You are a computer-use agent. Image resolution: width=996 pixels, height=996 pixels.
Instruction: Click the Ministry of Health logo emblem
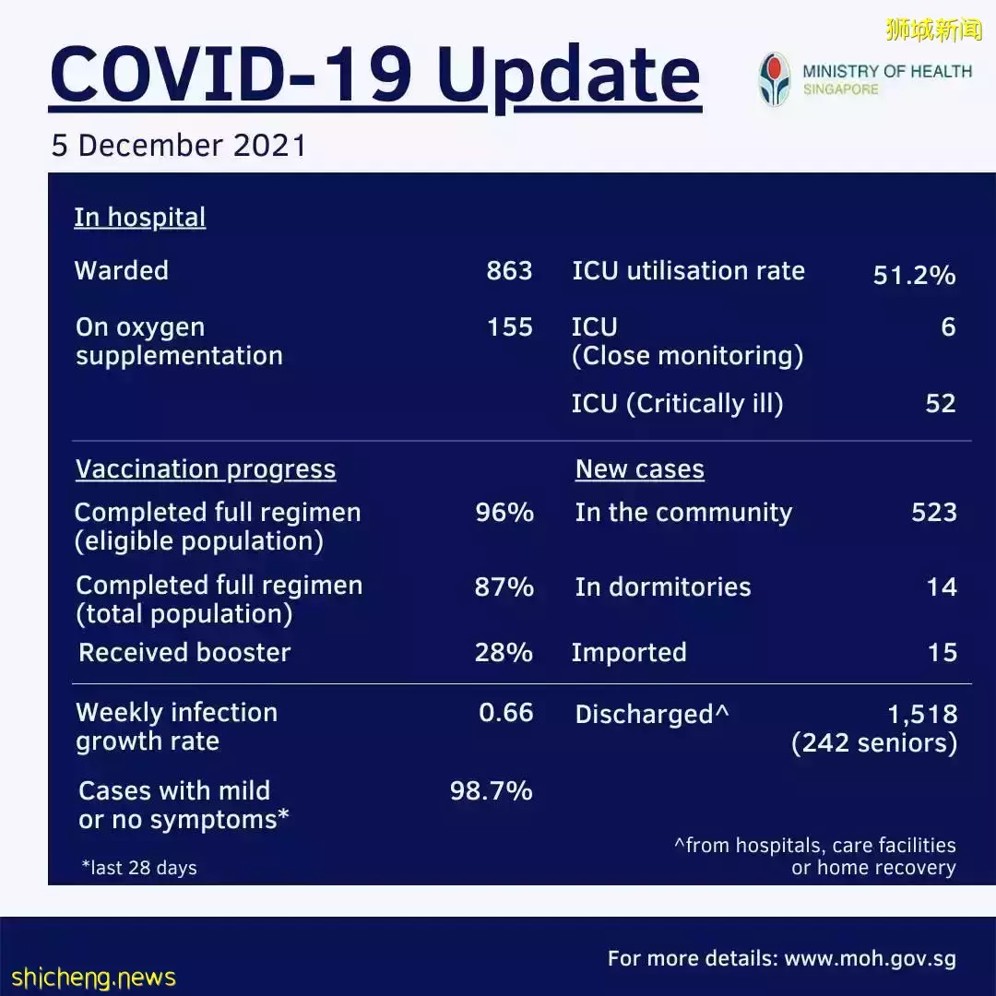point(775,79)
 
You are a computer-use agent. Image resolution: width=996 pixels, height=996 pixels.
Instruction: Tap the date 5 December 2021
point(178,146)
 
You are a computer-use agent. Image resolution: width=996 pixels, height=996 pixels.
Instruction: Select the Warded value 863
point(509,271)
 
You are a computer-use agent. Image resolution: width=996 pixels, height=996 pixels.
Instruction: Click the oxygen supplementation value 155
point(509,327)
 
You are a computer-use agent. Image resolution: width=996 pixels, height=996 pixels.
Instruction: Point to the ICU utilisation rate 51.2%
point(914,275)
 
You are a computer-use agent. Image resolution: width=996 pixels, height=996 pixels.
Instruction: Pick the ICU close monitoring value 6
point(948,327)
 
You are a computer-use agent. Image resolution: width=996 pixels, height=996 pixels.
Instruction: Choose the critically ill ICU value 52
point(941,404)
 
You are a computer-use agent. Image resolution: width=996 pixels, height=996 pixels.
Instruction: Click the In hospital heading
point(139,218)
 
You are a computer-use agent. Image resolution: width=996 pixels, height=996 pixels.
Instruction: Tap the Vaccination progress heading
point(205,469)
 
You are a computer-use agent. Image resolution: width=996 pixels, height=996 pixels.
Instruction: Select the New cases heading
point(639,469)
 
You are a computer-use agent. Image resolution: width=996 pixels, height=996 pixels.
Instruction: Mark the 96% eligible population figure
point(504,513)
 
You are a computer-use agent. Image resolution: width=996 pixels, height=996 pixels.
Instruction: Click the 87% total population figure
point(504,587)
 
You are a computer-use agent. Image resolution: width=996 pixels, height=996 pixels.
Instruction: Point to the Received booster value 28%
point(504,653)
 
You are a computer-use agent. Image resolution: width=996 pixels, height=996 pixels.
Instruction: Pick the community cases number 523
point(933,513)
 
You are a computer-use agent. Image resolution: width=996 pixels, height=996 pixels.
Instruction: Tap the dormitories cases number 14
point(942,587)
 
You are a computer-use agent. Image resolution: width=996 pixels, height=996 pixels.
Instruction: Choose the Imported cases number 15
point(942,653)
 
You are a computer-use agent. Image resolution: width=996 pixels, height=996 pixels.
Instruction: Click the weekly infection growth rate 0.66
point(505,713)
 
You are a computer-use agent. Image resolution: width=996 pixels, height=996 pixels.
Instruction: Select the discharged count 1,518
point(921,715)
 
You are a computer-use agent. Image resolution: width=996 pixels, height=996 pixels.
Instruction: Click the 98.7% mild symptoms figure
point(491,791)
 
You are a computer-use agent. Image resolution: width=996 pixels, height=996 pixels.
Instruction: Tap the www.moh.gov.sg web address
point(870,959)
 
